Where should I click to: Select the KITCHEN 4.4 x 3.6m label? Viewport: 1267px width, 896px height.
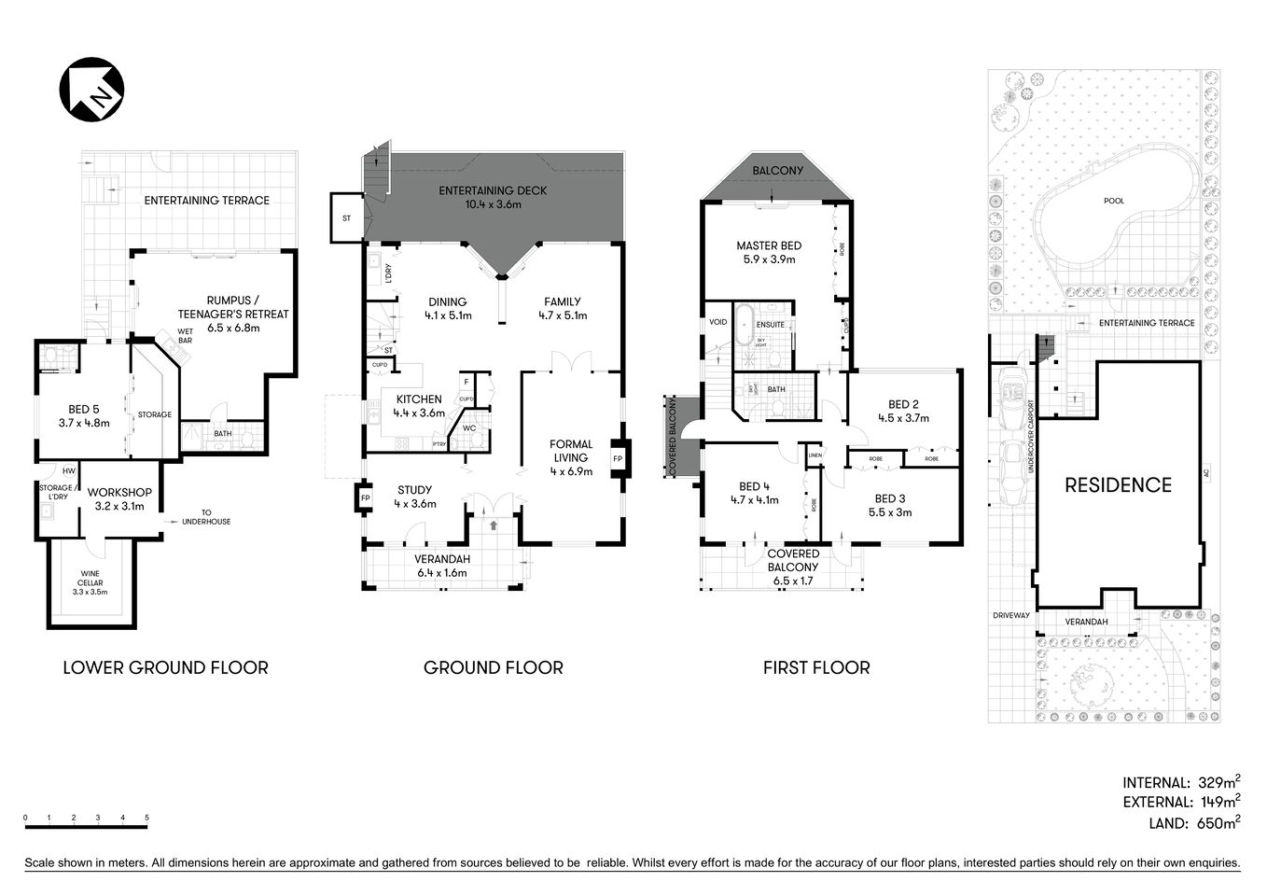pos(419,406)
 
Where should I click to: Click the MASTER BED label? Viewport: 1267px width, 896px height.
pos(768,253)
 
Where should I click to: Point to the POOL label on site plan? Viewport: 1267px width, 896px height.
pos(1113,201)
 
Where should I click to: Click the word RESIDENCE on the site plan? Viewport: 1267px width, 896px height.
pos(1118,485)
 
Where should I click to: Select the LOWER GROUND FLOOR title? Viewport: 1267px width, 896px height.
pos(165,668)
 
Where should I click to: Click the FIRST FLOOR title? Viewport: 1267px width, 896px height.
pos(815,668)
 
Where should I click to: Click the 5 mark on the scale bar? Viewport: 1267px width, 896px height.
pos(146,819)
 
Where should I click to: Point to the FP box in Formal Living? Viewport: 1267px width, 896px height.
pos(618,459)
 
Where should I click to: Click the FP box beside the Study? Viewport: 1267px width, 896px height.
pos(364,498)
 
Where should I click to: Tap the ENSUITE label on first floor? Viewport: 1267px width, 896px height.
pos(770,325)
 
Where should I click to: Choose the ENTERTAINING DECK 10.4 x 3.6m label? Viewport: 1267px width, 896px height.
pos(493,197)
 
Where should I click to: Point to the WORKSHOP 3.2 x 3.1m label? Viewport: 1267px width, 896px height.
pos(119,499)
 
